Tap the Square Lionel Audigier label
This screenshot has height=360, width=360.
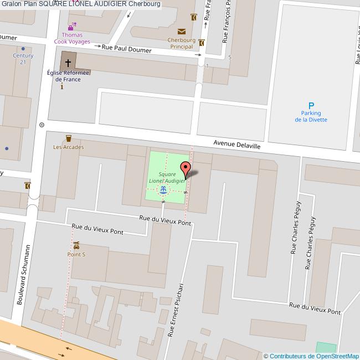click(167, 177)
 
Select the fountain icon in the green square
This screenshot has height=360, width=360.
click(163, 190)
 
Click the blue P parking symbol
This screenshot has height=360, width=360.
click(311, 106)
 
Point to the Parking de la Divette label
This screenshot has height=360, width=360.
click(311, 116)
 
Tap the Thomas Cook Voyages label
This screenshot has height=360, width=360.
click(72, 38)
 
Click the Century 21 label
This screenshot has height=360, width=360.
click(23, 59)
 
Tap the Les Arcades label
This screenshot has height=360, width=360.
click(69, 147)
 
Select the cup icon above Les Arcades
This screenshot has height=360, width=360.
click(69, 138)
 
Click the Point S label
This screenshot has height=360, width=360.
click(76, 254)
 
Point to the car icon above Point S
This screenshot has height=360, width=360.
click(76, 245)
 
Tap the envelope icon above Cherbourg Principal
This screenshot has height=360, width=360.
click(181, 32)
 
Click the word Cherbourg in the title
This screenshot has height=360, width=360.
click(145, 4)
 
